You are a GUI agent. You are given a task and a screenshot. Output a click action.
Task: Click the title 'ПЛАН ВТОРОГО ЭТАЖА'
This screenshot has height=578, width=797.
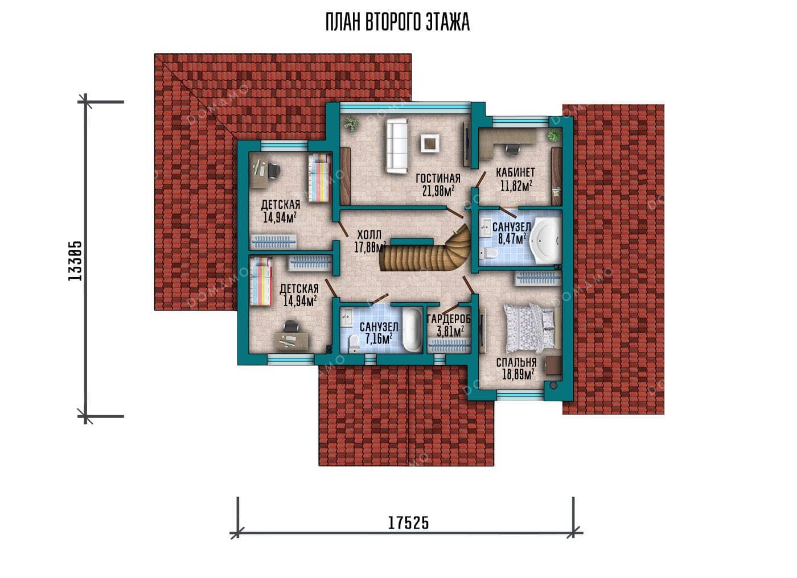click(x=397, y=22)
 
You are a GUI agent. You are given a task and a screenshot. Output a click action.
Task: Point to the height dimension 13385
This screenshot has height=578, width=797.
click(x=75, y=261)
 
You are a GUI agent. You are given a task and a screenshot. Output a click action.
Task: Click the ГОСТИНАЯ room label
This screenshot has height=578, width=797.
click(x=438, y=178)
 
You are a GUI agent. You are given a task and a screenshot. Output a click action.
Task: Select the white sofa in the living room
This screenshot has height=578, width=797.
click(x=397, y=146)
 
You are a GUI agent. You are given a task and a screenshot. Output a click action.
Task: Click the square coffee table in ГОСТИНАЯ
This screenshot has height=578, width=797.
click(x=429, y=143)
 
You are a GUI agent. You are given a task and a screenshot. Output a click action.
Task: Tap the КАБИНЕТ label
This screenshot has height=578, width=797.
click(x=516, y=173)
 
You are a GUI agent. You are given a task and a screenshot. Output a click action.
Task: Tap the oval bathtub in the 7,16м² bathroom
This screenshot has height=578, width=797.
click(x=412, y=330)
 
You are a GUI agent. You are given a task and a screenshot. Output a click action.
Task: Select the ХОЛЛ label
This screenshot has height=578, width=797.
click(x=369, y=234)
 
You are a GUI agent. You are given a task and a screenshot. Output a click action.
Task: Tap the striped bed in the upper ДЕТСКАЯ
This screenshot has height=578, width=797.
click(x=319, y=177)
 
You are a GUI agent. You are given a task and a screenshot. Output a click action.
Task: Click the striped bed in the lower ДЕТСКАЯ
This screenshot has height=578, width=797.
click(x=261, y=282)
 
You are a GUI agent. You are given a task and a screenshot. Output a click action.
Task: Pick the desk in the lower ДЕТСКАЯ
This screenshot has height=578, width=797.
click(x=291, y=340)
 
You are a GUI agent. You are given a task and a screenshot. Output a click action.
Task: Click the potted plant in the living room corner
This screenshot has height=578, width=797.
click(x=352, y=124)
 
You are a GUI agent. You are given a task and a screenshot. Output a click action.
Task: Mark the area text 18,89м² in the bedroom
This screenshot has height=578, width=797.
click(x=518, y=374)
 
